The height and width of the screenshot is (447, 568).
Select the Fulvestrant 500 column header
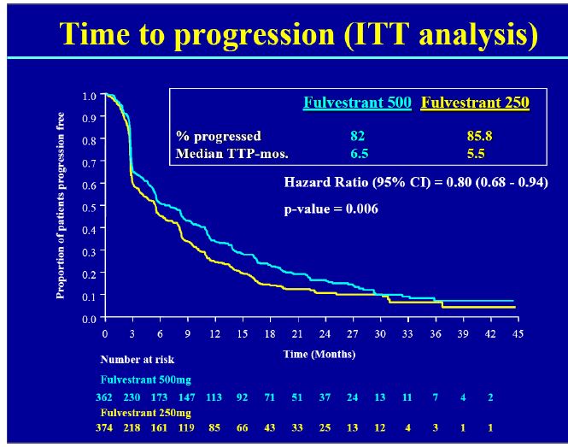[357, 103]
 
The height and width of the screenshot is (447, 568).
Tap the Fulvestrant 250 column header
[475, 103]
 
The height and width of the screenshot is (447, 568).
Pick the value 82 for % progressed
[358, 136]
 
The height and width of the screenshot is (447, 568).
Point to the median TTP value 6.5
[358, 153]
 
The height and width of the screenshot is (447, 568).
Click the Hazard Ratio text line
[415, 182]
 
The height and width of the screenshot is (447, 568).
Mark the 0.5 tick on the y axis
[90, 206]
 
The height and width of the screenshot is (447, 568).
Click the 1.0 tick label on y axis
[90, 95]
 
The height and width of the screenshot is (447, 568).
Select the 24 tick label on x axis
[325, 334]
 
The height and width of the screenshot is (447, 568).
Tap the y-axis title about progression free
[61, 206]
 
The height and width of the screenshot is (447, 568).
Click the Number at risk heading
[138, 360]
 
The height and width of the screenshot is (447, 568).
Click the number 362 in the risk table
[105, 397]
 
